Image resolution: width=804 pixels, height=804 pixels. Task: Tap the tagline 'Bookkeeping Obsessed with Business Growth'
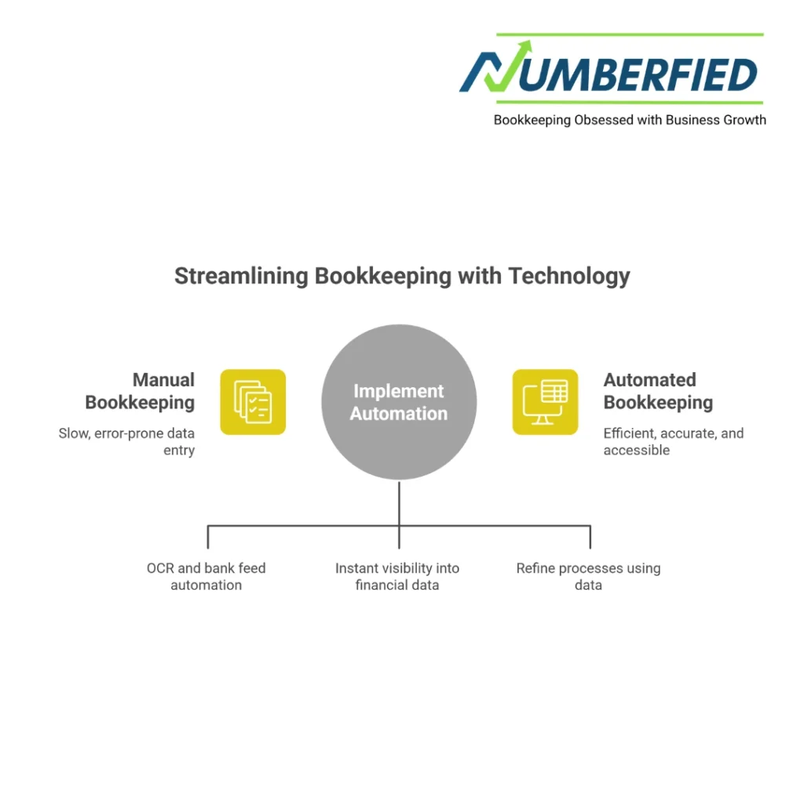tap(630, 120)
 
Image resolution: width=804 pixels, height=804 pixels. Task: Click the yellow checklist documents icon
tap(253, 402)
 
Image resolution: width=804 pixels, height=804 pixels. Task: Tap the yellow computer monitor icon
tap(545, 402)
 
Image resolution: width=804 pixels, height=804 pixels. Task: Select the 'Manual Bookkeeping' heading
tap(140, 391)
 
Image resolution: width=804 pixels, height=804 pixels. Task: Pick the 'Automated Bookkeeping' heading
tap(658, 391)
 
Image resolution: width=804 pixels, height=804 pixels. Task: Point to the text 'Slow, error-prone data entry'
tap(127, 441)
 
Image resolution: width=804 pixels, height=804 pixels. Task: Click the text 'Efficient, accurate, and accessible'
tap(673, 441)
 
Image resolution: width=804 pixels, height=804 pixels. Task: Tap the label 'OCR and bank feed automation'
tap(206, 576)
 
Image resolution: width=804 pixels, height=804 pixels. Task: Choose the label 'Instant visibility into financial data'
tap(397, 576)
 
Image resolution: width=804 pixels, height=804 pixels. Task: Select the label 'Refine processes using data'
tap(588, 576)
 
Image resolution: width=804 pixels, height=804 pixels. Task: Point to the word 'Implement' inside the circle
tap(399, 391)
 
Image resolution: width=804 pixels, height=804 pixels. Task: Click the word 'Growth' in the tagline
tap(745, 120)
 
